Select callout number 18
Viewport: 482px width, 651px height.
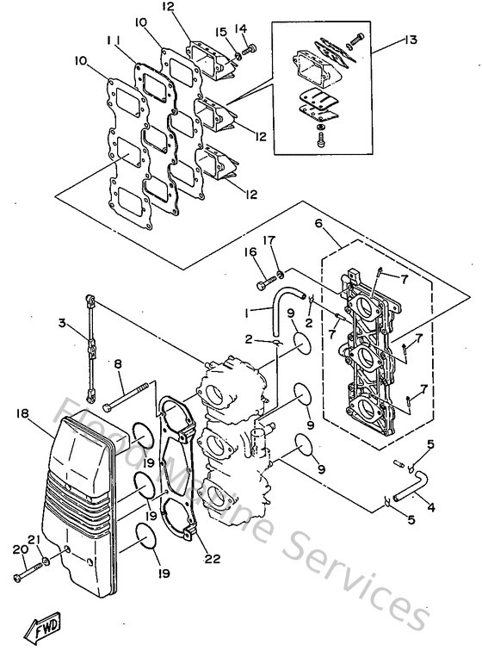(22, 414)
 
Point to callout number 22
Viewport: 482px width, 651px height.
(213, 559)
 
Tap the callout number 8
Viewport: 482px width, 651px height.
(118, 364)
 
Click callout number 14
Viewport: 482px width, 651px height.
(240, 28)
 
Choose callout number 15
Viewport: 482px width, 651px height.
(221, 32)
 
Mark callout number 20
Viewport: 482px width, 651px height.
(18, 549)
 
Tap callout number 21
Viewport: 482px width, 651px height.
(34, 540)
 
